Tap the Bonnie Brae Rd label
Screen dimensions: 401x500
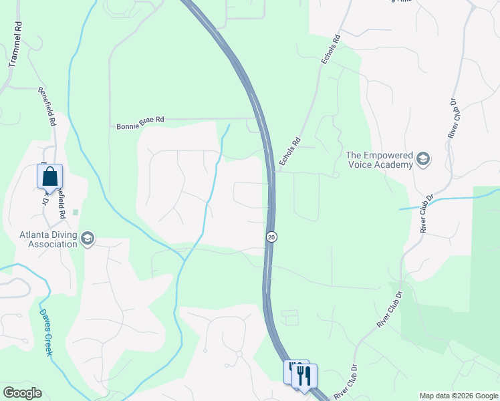pyautogui.click(x=140, y=122)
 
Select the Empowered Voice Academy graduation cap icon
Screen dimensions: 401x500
pyautogui.click(x=422, y=159)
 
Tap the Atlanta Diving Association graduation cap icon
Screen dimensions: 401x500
pyautogui.click(x=88, y=239)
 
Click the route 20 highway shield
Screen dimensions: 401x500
pyautogui.click(x=271, y=237)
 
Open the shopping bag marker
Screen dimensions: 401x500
pyautogui.click(x=50, y=177)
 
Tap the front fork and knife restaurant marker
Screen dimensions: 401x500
pyautogui.click(x=304, y=375)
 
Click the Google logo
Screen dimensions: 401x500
pyautogui.click(x=22, y=393)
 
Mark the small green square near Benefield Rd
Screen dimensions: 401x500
pyautogui.click(x=76, y=213)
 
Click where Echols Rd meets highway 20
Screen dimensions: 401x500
pyautogui.click(x=273, y=172)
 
